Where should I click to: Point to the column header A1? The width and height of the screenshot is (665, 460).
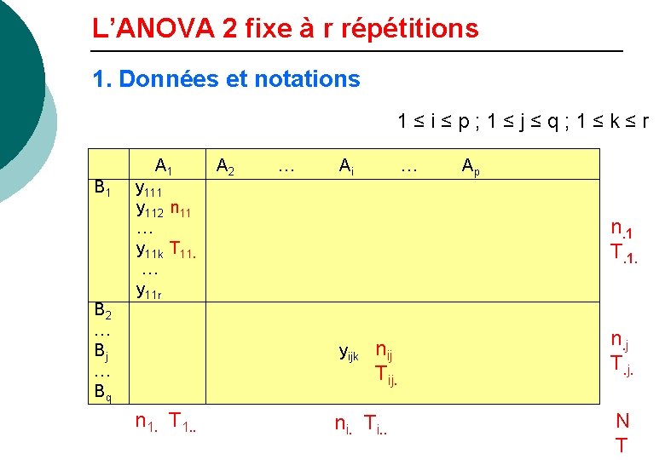coord(164,167)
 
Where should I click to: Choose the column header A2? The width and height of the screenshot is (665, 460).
coord(226,167)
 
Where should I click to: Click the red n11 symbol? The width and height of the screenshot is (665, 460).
coord(186,209)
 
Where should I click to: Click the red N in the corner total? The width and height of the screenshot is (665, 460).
coord(622,421)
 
